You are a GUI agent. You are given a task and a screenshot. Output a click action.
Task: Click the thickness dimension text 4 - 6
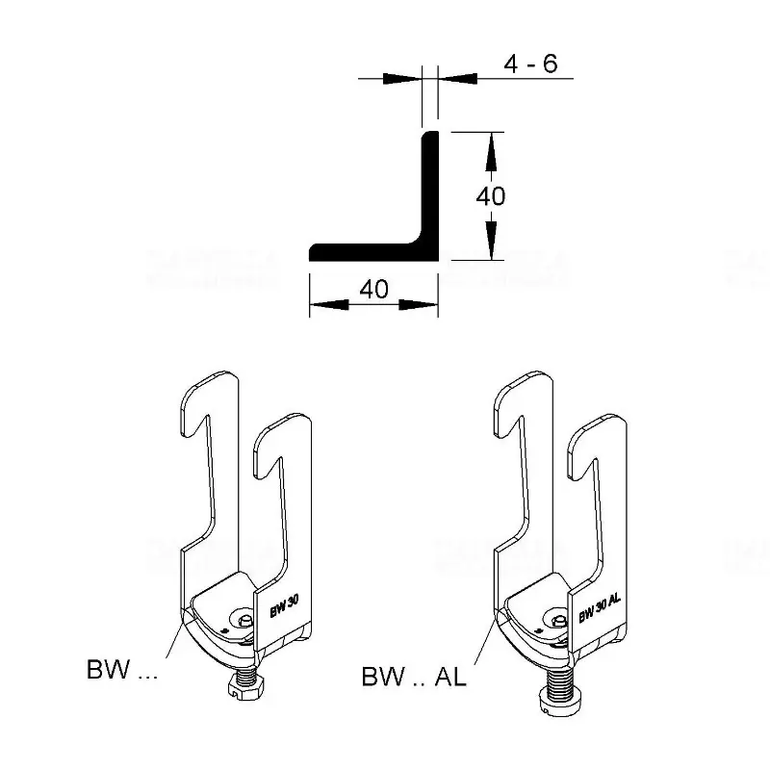pyautogui.click(x=530, y=64)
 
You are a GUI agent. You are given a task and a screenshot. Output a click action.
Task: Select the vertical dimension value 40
pyautogui.click(x=491, y=195)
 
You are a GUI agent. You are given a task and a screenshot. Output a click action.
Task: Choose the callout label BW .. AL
pyautogui.click(x=414, y=677)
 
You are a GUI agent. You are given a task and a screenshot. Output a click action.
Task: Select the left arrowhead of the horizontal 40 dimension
pyautogui.click(x=321, y=305)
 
